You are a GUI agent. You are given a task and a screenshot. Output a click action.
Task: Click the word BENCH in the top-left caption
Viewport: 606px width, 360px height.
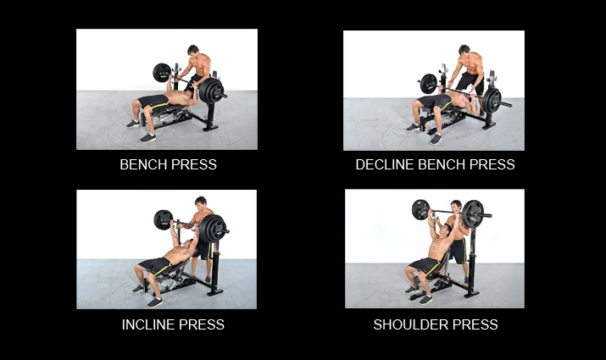click(x=143, y=164)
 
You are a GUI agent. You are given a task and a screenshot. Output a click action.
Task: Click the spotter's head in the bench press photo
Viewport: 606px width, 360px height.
click(x=193, y=50)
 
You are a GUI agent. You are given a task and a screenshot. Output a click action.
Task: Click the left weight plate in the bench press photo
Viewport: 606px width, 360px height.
click(x=162, y=73)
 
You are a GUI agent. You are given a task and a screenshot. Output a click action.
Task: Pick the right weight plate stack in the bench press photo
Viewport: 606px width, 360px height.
click(x=212, y=91)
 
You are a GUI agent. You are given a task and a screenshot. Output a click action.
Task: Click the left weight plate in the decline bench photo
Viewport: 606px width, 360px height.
click(x=428, y=83)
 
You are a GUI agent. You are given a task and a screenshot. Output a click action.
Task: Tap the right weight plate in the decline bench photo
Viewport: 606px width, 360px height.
click(x=492, y=101)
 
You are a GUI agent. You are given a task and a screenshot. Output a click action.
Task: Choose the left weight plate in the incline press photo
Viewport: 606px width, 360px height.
click(x=163, y=219)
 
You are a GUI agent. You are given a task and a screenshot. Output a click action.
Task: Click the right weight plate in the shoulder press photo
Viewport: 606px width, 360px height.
click(x=473, y=213)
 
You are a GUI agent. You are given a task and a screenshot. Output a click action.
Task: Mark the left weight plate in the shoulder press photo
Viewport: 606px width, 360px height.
click(x=420, y=210)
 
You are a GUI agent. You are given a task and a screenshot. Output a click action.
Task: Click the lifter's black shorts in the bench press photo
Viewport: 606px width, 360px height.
click(x=154, y=102)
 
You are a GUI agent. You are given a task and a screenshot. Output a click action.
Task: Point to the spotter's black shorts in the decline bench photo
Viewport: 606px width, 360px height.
click(x=470, y=81)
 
